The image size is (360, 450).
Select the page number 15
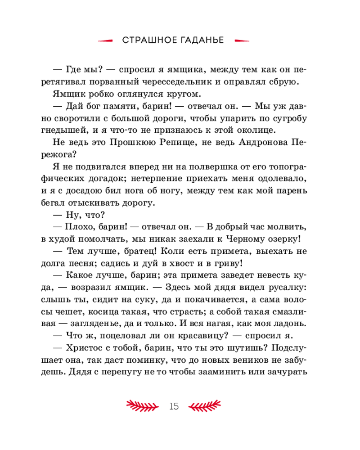click(x=174, y=406)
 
